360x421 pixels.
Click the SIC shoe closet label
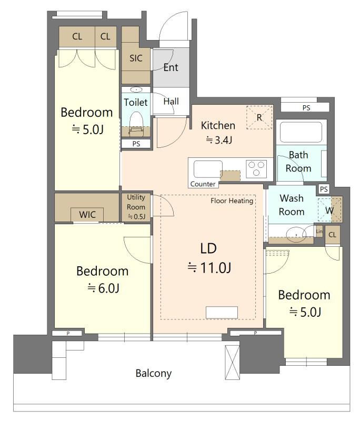136,58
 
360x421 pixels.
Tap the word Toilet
136,102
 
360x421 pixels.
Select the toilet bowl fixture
136,122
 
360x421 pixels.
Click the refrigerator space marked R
259,117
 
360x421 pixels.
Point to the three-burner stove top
256,168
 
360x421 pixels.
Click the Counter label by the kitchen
203,184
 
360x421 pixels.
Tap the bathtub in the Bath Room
301,132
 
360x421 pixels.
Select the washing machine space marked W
329,210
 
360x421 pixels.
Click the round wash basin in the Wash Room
296,234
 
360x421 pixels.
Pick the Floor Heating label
232,201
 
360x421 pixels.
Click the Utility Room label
136,202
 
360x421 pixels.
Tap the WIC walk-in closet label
87,215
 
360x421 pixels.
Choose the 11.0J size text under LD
209,268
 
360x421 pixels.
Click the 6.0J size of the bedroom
103,288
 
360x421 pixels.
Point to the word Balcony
154,374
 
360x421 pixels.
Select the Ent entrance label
171,67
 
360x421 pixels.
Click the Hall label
171,102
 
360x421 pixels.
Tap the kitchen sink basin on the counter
208,169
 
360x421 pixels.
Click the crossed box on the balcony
232,362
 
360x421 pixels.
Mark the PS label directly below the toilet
136,144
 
